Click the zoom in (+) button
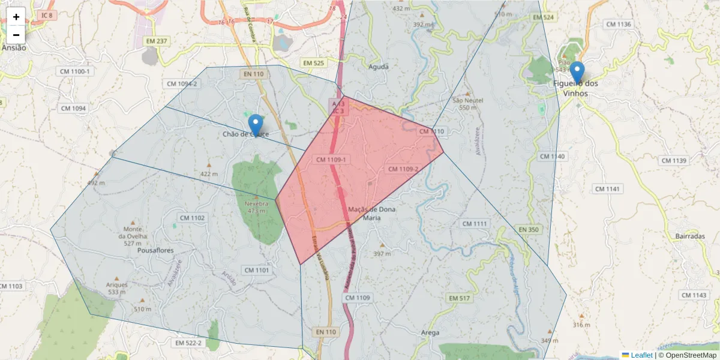[x=16, y=17]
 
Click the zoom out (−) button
[x=16, y=35]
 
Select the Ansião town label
[x=14, y=47]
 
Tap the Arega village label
[x=430, y=332]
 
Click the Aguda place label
[x=379, y=67]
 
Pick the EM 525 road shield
[x=313, y=63]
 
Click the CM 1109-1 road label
[x=331, y=160]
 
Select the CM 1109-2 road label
[x=403, y=169]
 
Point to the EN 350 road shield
[x=529, y=229]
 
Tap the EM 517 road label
[x=459, y=298]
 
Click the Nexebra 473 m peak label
[x=256, y=207]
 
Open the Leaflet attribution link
[x=641, y=355]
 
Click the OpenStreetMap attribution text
[x=691, y=355]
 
